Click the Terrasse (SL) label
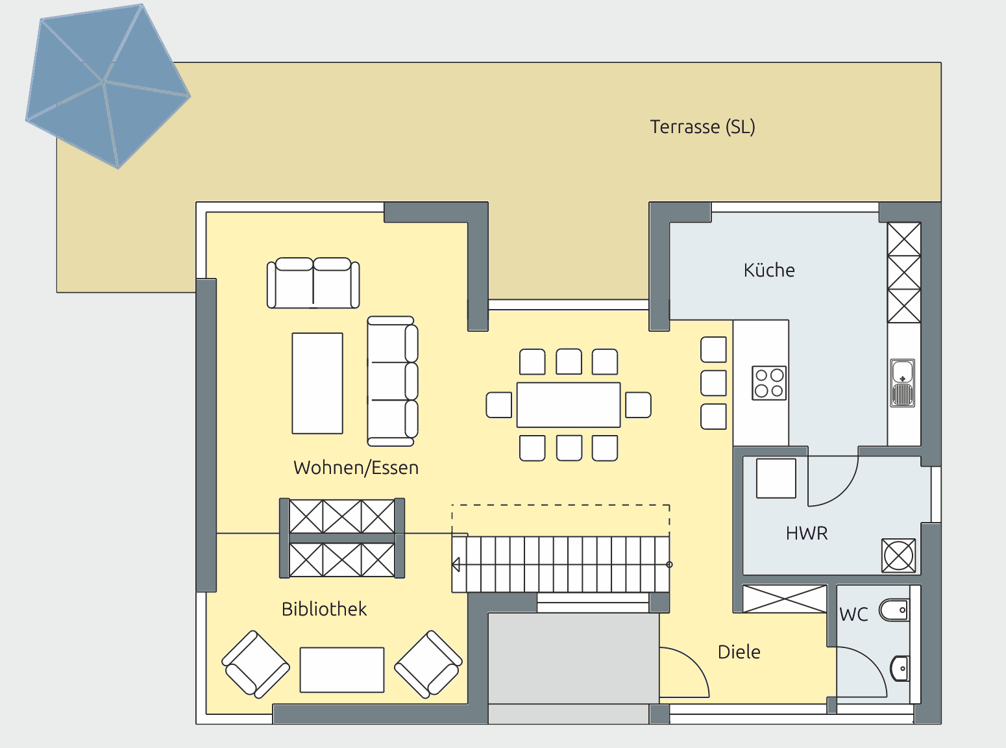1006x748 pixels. pyautogui.click(x=702, y=127)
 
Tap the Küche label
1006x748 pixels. pyautogui.click(x=769, y=270)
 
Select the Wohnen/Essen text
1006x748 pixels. pyautogui.click(x=356, y=467)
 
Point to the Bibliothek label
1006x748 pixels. pyautogui.click(x=324, y=608)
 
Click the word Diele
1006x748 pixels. pyautogui.click(x=739, y=652)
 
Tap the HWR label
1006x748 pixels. pyautogui.click(x=807, y=533)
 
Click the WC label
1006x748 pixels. pyautogui.click(x=853, y=614)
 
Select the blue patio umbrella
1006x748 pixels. pyautogui.click(x=108, y=86)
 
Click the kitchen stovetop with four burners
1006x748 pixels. pyautogui.click(x=769, y=383)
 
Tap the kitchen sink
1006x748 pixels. pyautogui.click(x=903, y=382)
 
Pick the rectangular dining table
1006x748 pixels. pyautogui.click(x=569, y=405)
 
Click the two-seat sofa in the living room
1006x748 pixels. pyautogui.click(x=313, y=283)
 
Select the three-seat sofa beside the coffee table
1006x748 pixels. pyautogui.click(x=392, y=381)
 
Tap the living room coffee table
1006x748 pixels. pyautogui.click(x=317, y=383)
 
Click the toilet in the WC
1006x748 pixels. pyautogui.click(x=894, y=610)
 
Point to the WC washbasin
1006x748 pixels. pyautogui.click(x=900, y=669)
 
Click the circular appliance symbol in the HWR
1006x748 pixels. pyautogui.click(x=898, y=556)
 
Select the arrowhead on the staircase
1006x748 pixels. pyautogui.click(x=456, y=565)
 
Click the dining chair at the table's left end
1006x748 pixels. pyautogui.click(x=499, y=405)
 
